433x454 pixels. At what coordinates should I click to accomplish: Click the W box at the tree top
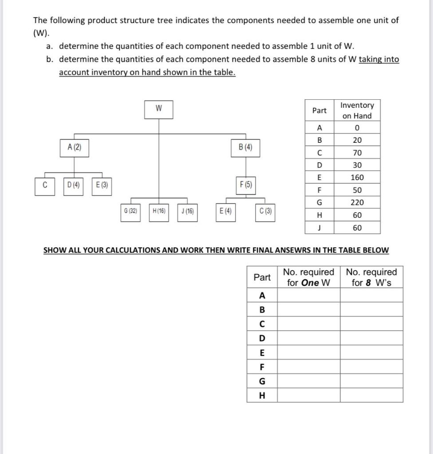coord(158,110)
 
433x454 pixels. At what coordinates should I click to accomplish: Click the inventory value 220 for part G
coord(357,203)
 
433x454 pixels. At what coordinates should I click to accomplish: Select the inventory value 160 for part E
coord(357,177)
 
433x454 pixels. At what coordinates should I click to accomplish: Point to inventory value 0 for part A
coord(357,128)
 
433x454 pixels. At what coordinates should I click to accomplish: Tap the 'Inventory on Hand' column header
coord(357,110)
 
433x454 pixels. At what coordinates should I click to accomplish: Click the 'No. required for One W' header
coord(308,277)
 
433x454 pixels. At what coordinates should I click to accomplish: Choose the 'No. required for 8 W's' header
coord(371,277)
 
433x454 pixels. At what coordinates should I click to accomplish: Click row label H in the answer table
coord(262,395)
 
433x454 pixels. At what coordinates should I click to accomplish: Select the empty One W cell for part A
coord(308,295)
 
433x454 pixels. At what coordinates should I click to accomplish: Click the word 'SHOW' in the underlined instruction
coord(55,250)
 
